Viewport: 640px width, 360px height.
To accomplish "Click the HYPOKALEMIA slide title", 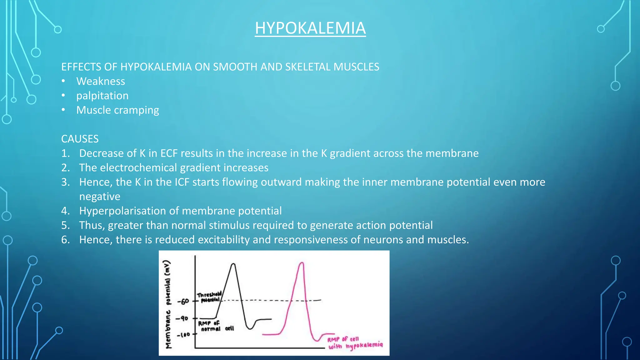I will (x=310, y=28).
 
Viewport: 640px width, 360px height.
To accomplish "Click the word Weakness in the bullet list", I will (x=101, y=81).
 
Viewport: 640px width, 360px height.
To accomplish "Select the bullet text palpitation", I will (x=102, y=96).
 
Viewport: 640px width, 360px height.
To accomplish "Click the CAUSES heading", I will (x=80, y=139).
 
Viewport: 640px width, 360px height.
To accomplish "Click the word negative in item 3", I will (x=100, y=197).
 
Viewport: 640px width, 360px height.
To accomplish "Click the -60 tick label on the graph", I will (x=183, y=301).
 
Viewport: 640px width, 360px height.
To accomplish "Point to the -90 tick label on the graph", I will (x=182, y=318).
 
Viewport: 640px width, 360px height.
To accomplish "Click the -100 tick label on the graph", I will (x=183, y=335).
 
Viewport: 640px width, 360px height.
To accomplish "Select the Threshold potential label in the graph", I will (x=209, y=297).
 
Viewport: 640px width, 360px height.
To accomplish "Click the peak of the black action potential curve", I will (x=233, y=264).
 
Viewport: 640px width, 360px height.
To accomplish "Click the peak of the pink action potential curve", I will (x=302, y=263).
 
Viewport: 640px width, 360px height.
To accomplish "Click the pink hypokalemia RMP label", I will (x=355, y=343).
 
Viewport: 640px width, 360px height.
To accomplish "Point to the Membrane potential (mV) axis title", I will (x=168, y=304).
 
